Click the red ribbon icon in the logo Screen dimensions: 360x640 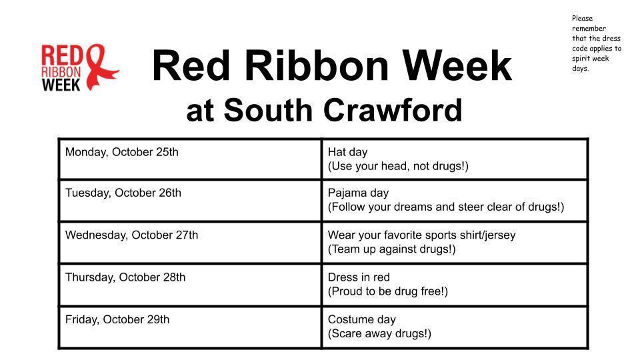click(x=100, y=67)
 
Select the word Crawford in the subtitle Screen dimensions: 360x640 click(x=394, y=110)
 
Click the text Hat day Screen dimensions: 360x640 click(x=347, y=152)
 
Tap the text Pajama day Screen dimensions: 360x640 click(x=358, y=193)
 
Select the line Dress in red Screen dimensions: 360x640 click(x=359, y=277)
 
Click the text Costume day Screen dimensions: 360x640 click(x=361, y=319)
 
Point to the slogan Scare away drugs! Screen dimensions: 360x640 click(x=379, y=333)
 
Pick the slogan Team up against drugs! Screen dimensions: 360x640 click(x=392, y=249)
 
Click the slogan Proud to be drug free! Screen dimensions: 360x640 click(x=388, y=291)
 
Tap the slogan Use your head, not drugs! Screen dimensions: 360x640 click(x=398, y=166)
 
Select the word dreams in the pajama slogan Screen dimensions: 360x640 click(x=415, y=207)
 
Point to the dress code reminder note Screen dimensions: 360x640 click(x=596, y=43)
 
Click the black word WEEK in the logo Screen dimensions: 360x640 click(x=61, y=84)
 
